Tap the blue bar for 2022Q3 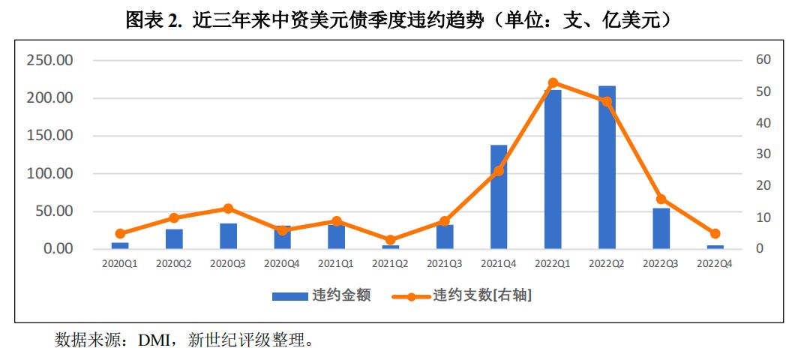click(661, 228)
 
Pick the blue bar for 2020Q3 click(228, 236)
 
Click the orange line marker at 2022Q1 click(553, 82)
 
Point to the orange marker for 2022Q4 click(715, 234)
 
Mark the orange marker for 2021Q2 click(391, 240)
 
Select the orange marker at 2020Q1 click(120, 233)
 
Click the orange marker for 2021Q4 click(499, 171)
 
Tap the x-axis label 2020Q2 click(174, 264)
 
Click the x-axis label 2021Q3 click(445, 264)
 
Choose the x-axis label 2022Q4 click(715, 264)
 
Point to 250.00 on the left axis click(49, 60)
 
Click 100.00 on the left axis click(49, 173)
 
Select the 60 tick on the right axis click(763, 60)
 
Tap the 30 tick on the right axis click(763, 154)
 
